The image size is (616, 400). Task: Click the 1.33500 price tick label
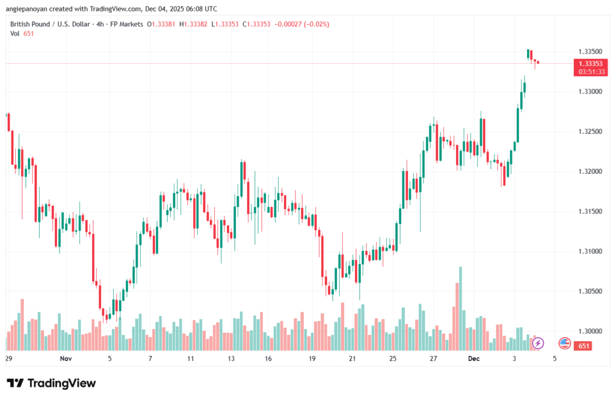coord(588,51)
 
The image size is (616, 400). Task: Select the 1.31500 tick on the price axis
coord(588,211)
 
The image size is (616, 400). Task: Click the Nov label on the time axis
coord(66,358)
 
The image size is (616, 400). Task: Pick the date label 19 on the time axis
coord(312,358)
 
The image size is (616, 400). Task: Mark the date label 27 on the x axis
coord(433,358)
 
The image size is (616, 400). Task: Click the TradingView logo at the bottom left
coord(51,383)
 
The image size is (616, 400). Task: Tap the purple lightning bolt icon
coord(538,343)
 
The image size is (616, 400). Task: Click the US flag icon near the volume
coord(564,343)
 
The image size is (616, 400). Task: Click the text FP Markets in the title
coord(128,24)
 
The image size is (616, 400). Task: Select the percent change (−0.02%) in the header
coord(316,24)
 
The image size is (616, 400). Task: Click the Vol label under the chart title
coord(15,34)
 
